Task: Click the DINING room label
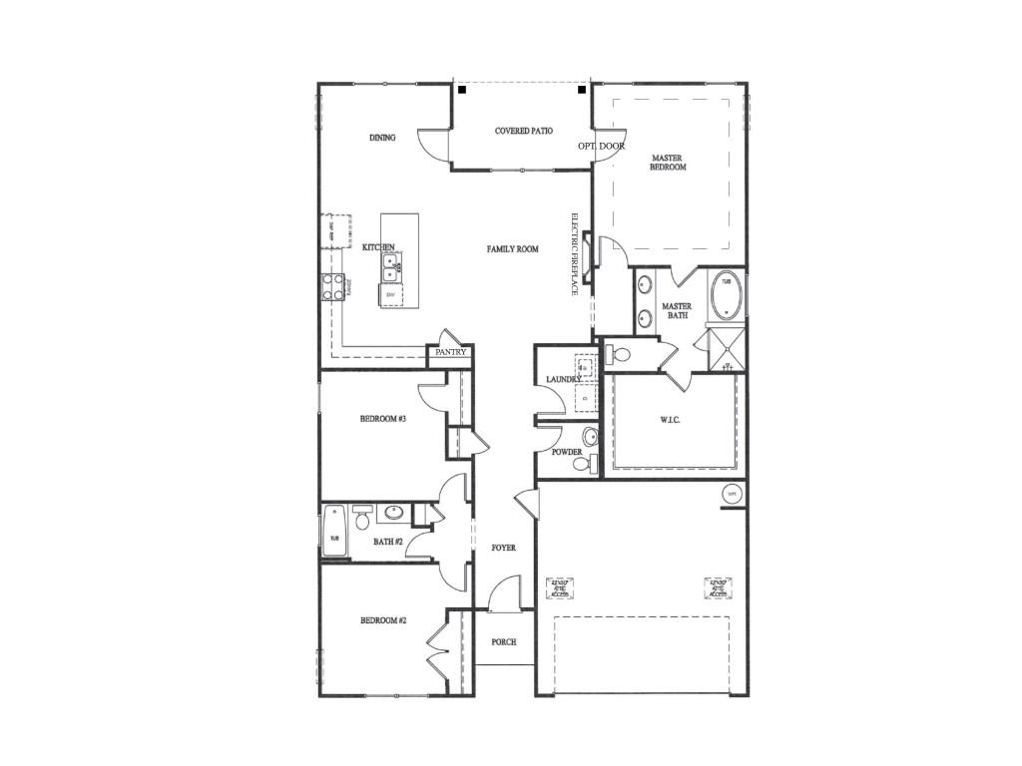tap(382, 138)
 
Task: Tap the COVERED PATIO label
tap(524, 131)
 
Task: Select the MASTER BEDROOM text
tap(668, 162)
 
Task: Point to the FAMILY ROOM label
tap(513, 248)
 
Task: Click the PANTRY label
tap(451, 352)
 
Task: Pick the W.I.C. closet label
tap(671, 420)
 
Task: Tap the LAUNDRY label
tap(563, 379)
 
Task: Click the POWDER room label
tap(566, 452)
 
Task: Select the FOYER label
tap(504, 548)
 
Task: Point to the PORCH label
tap(504, 641)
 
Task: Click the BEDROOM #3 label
tap(382, 419)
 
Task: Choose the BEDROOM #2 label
tap(383, 619)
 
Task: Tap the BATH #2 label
tap(388, 542)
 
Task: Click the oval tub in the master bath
tap(727, 296)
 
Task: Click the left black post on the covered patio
tap(462, 90)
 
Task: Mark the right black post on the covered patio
tap(582, 90)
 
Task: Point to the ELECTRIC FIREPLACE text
tap(576, 254)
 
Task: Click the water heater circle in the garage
tap(732, 494)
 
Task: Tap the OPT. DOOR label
tap(601, 146)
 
